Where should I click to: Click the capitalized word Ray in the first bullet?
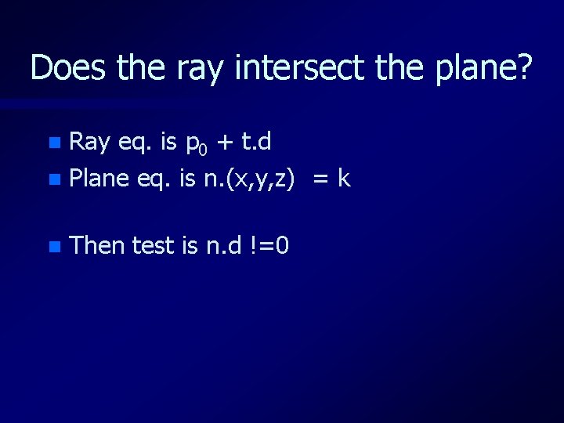pos(89,142)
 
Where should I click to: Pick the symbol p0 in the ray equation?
pos(193,144)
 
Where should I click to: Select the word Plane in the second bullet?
pos(99,179)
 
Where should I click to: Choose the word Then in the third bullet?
pos(97,246)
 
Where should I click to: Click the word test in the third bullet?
pos(154,246)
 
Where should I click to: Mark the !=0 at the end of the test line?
pos(269,246)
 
